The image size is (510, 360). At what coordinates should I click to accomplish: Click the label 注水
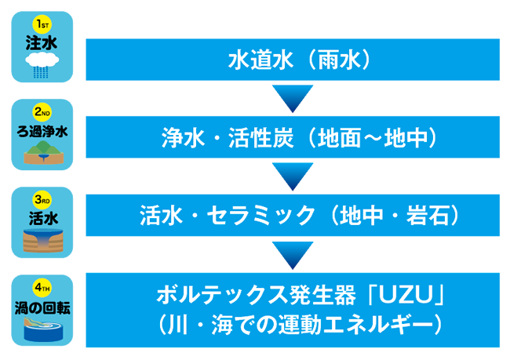tap(42, 42)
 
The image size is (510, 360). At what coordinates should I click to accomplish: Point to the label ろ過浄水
tap(42, 129)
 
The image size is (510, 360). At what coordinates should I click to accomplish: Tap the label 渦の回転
tap(42, 305)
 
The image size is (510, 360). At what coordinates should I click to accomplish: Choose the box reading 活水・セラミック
tap(292, 213)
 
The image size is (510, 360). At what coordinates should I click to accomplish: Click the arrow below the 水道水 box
tap(292, 98)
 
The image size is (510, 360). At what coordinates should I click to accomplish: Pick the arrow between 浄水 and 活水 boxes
tap(292, 176)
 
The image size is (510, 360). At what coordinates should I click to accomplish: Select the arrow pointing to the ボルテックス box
tap(292, 253)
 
